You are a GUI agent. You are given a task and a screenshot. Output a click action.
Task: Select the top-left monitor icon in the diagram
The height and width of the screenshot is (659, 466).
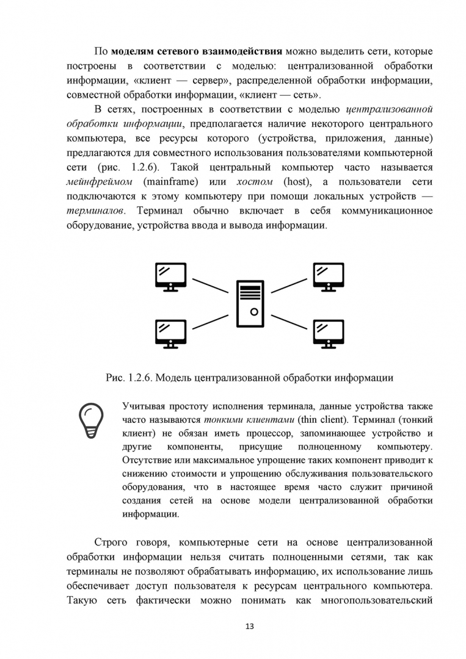click(170, 276)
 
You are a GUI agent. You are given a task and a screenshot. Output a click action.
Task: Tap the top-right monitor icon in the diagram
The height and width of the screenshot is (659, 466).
click(327, 276)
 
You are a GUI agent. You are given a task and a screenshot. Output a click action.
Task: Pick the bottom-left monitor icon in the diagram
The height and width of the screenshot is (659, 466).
click(170, 333)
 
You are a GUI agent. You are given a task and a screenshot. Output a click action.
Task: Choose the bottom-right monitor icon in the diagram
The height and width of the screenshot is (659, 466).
click(327, 333)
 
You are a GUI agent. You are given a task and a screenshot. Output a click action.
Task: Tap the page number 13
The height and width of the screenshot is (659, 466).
click(249, 626)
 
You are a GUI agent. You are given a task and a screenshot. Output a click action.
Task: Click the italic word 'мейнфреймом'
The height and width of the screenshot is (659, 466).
click(99, 181)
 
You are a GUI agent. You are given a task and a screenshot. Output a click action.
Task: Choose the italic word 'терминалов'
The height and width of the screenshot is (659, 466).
click(95, 211)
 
